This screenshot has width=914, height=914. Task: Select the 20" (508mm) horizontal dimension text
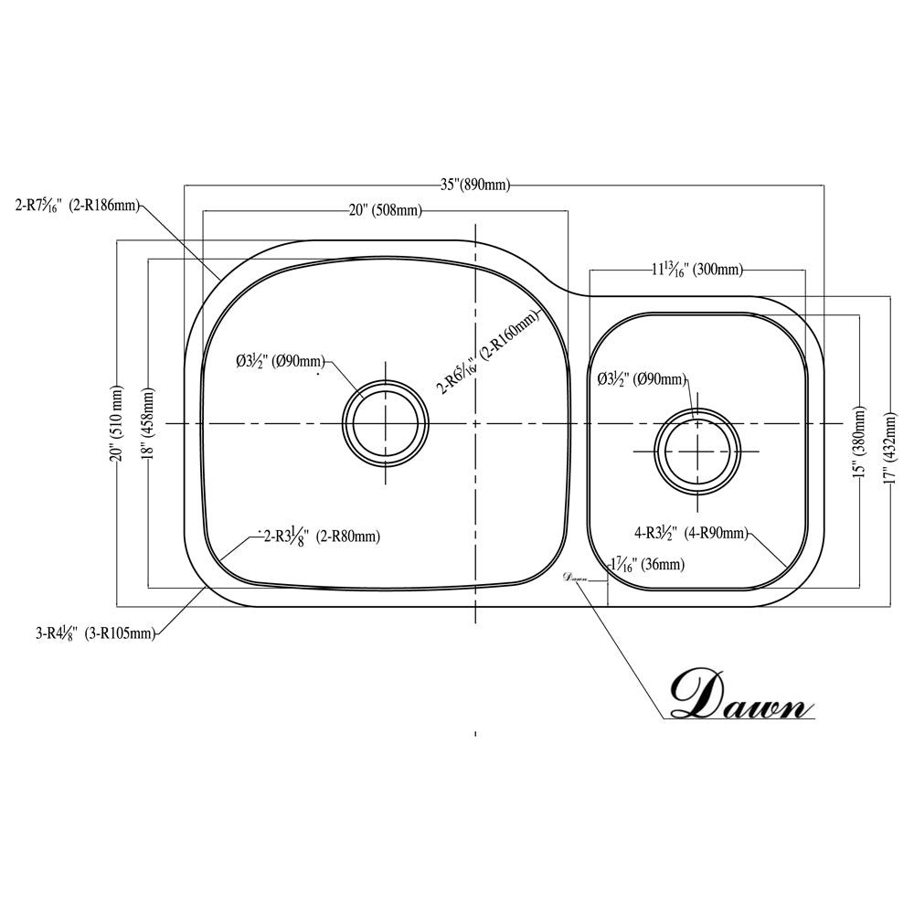point(385,210)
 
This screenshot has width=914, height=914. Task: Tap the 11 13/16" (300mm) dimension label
point(696,270)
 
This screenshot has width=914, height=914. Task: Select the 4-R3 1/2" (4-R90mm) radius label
point(691,533)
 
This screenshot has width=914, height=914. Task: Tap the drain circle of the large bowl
point(385,424)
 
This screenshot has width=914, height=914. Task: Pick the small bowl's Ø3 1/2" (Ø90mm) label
point(641,378)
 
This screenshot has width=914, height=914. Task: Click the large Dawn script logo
point(740,696)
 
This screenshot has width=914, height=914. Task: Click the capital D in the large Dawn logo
point(699,695)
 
